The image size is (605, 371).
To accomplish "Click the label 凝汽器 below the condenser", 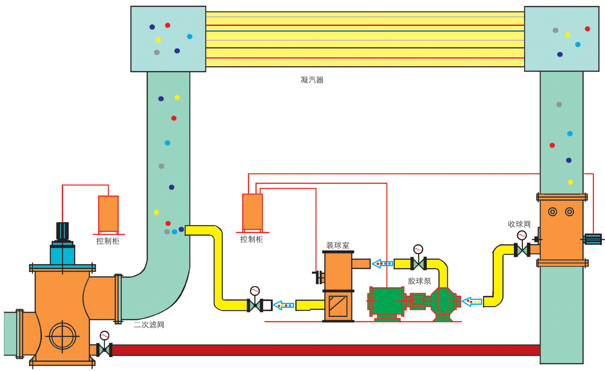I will [x=312, y=80].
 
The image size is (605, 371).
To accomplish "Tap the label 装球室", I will [x=338, y=245].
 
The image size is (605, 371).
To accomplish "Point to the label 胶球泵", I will [x=419, y=281].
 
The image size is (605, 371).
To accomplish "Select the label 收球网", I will [x=519, y=224].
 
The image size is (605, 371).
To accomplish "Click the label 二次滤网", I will [x=149, y=325].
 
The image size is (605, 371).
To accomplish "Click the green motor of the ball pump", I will [x=386, y=301].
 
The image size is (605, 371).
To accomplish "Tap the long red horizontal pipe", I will [x=326, y=350].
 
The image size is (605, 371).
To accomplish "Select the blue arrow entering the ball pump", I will [x=472, y=302].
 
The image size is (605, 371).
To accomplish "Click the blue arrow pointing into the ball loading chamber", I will [x=382, y=264].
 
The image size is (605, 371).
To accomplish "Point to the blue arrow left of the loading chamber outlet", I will [x=284, y=305].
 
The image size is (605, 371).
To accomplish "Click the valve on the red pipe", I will [x=104, y=350].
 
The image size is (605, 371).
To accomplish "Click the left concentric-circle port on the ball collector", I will [x=552, y=212].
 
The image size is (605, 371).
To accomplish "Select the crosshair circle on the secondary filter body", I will [x=62, y=336].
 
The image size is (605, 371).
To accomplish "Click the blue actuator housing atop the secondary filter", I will [x=62, y=254].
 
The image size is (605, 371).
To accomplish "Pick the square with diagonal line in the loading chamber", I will [x=338, y=306].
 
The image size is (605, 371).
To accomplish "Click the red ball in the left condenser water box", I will [x=168, y=25].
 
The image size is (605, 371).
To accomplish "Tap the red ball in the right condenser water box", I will [x=587, y=29].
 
